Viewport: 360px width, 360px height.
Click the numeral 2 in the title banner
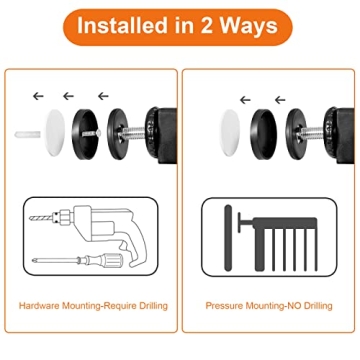tap(206, 26)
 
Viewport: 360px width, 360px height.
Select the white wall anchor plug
tap(28, 134)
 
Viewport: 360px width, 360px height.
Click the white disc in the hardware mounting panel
tap(55, 133)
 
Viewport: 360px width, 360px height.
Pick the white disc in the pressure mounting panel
tap(230, 133)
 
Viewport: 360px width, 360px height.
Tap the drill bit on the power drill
tap(41, 218)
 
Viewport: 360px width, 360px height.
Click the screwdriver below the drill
tap(78, 259)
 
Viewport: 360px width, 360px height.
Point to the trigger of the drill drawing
tap(123, 246)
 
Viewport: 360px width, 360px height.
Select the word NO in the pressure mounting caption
tap(293, 305)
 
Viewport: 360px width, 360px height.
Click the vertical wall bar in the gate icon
tap(228, 238)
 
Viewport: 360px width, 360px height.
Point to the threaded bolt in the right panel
tap(311, 134)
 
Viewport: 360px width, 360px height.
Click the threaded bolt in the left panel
tap(133, 134)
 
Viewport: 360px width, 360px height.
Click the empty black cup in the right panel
tap(264, 134)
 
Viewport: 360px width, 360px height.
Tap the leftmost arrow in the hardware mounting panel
tap(38, 96)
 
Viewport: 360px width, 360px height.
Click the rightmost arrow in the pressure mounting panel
tap(280, 100)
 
